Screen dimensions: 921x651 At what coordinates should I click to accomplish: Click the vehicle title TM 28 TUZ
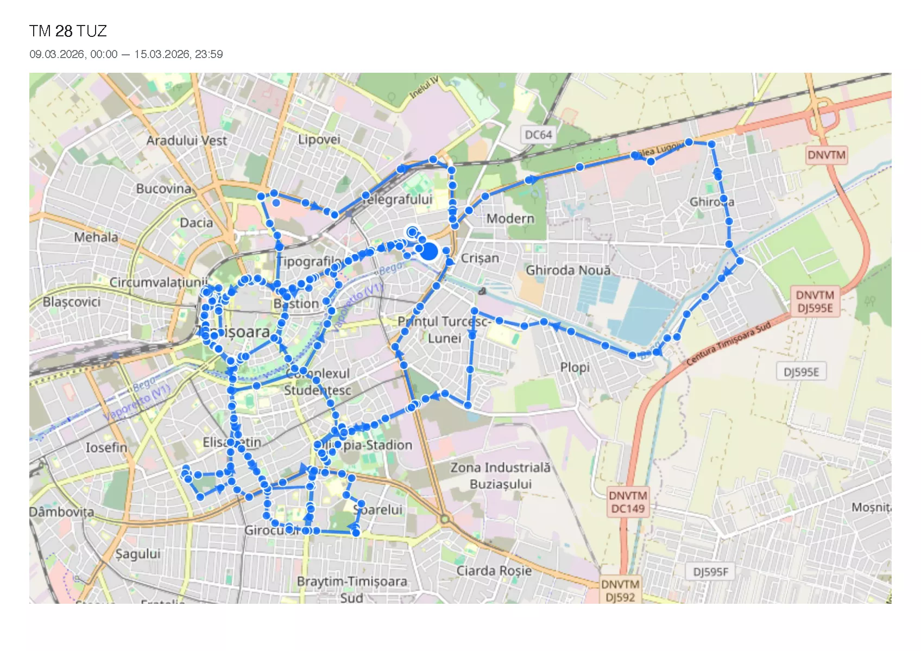pyautogui.click(x=68, y=31)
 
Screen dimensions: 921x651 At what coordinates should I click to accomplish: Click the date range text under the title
pyautogui.click(x=126, y=54)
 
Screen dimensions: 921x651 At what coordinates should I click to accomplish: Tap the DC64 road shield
pyautogui.click(x=538, y=135)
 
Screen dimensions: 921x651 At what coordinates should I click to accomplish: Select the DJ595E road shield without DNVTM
pyautogui.click(x=801, y=372)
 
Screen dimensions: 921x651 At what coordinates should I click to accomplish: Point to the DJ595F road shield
pyautogui.click(x=710, y=572)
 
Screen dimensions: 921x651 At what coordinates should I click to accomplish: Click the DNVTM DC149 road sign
pyautogui.click(x=628, y=502)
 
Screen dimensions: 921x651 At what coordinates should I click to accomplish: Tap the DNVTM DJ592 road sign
pyautogui.click(x=620, y=591)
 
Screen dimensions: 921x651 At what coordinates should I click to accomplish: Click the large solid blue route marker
pyautogui.click(x=429, y=251)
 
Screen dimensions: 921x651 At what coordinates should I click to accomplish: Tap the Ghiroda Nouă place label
pyautogui.click(x=568, y=270)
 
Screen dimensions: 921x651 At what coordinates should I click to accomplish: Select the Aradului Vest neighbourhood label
pyautogui.click(x=186, y=140)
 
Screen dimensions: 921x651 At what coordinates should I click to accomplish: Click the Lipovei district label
pyautogui.click(x=319, y=139)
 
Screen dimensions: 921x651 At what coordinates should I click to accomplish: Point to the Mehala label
pyautogui.click(x=96, y=237)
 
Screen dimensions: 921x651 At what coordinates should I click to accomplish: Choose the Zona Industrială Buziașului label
pyautogui.click(x=500, y=476)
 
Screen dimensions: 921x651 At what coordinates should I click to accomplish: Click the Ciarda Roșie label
pyautogui.click(x=494, y=571)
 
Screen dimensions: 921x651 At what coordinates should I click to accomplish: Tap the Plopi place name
pyautogui.click(x=575, y=367)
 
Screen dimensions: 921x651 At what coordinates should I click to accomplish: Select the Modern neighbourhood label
pyautogui.click(x=510, y=218)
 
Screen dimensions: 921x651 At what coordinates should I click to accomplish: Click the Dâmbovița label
pyautogui.click(x=61, y=512)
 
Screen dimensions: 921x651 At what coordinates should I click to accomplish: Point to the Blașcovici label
pyautogui.click(x=71, y=301)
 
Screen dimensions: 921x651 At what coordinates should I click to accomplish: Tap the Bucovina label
pyautogui.click(x=163, y=188)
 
